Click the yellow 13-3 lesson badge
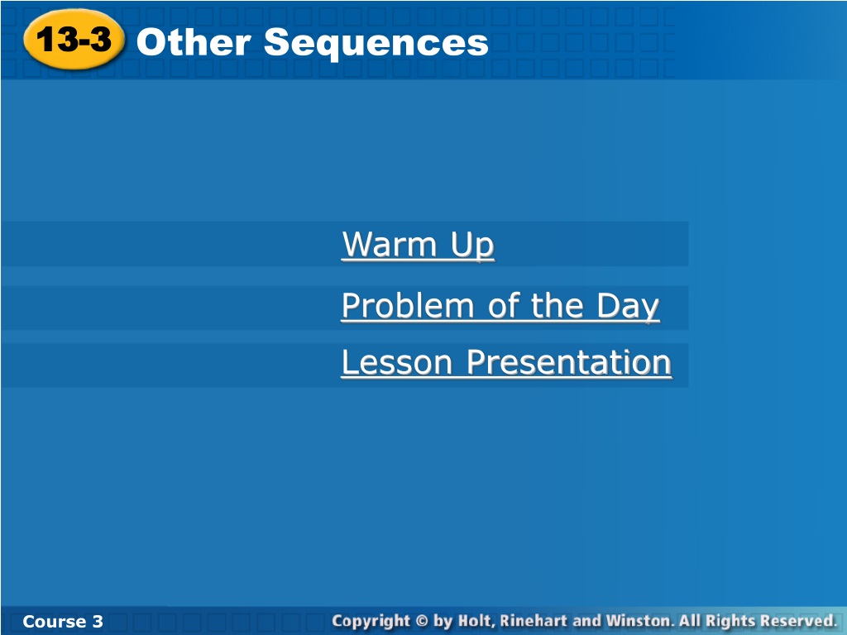pyautogui.click(x=74, y=40)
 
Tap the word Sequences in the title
pyautogui.click(x=376, y=44)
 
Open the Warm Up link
pyautogui.click(x=418, y=245)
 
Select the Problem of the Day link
pyautogui.click(x=500, y=306)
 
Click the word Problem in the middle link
pyautogui.click(x=408, y=306)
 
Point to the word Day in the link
pyautogui.click(x=629, y=307)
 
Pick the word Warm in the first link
pyautogui.click(x=390, y=244)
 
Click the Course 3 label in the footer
pyautogui.click(x=63, y=621)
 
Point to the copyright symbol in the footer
pyautogui.click(x=423, y=621)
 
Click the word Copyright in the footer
pyautogui.click(x=371, y=622)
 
